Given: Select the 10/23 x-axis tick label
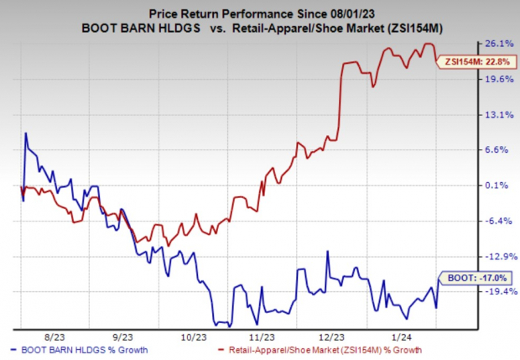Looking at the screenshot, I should click(193, 335).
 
